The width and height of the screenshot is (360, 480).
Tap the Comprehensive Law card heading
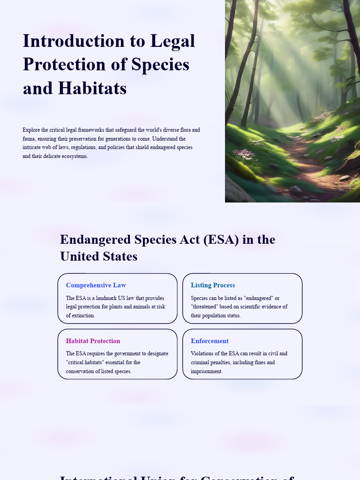pyautogui.click(x=96, y=285)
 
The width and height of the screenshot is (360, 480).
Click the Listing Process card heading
pyautogui.click(x=213, y=285)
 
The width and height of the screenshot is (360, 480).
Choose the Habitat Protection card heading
pyautogui.click(x=93, y=341)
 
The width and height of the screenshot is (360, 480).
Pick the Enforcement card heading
pyautogui.click(x=210, y=341)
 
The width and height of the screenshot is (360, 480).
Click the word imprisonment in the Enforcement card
pyautogui.click(x=206, y=371)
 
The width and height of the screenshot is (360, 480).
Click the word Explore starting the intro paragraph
pyautogui.click(x=31, y=130)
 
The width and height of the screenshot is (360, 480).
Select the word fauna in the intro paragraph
pyautogui.click(x=29, y=139)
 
